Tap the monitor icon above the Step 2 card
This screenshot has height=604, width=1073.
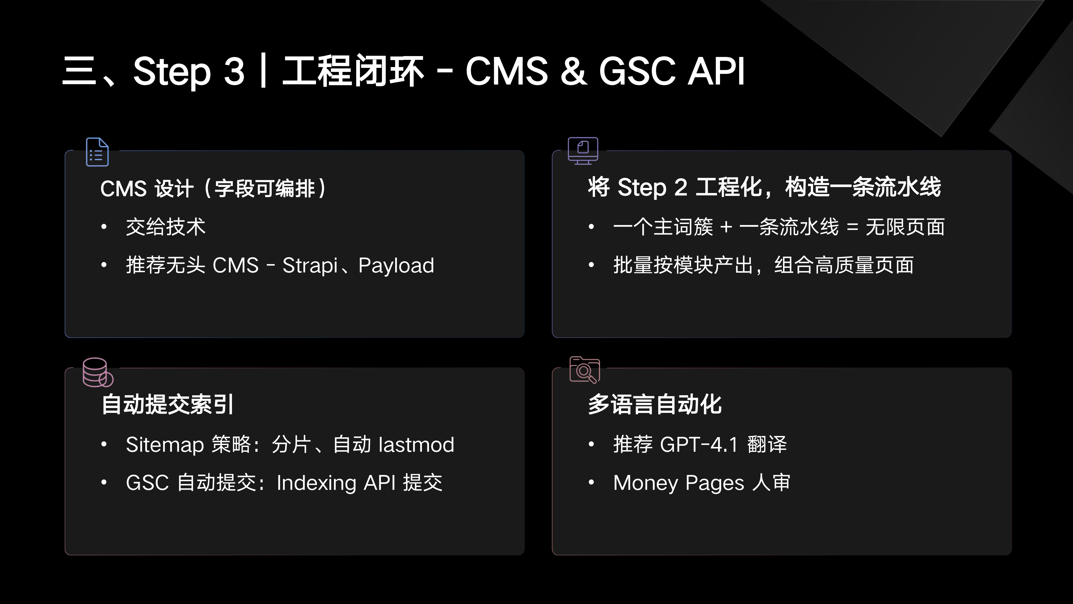click(583, 151)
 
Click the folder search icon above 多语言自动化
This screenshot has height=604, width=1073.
click(585, 370)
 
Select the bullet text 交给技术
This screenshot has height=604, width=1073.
click(166, 227)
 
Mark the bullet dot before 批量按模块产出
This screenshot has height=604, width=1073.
click(591, 265)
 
